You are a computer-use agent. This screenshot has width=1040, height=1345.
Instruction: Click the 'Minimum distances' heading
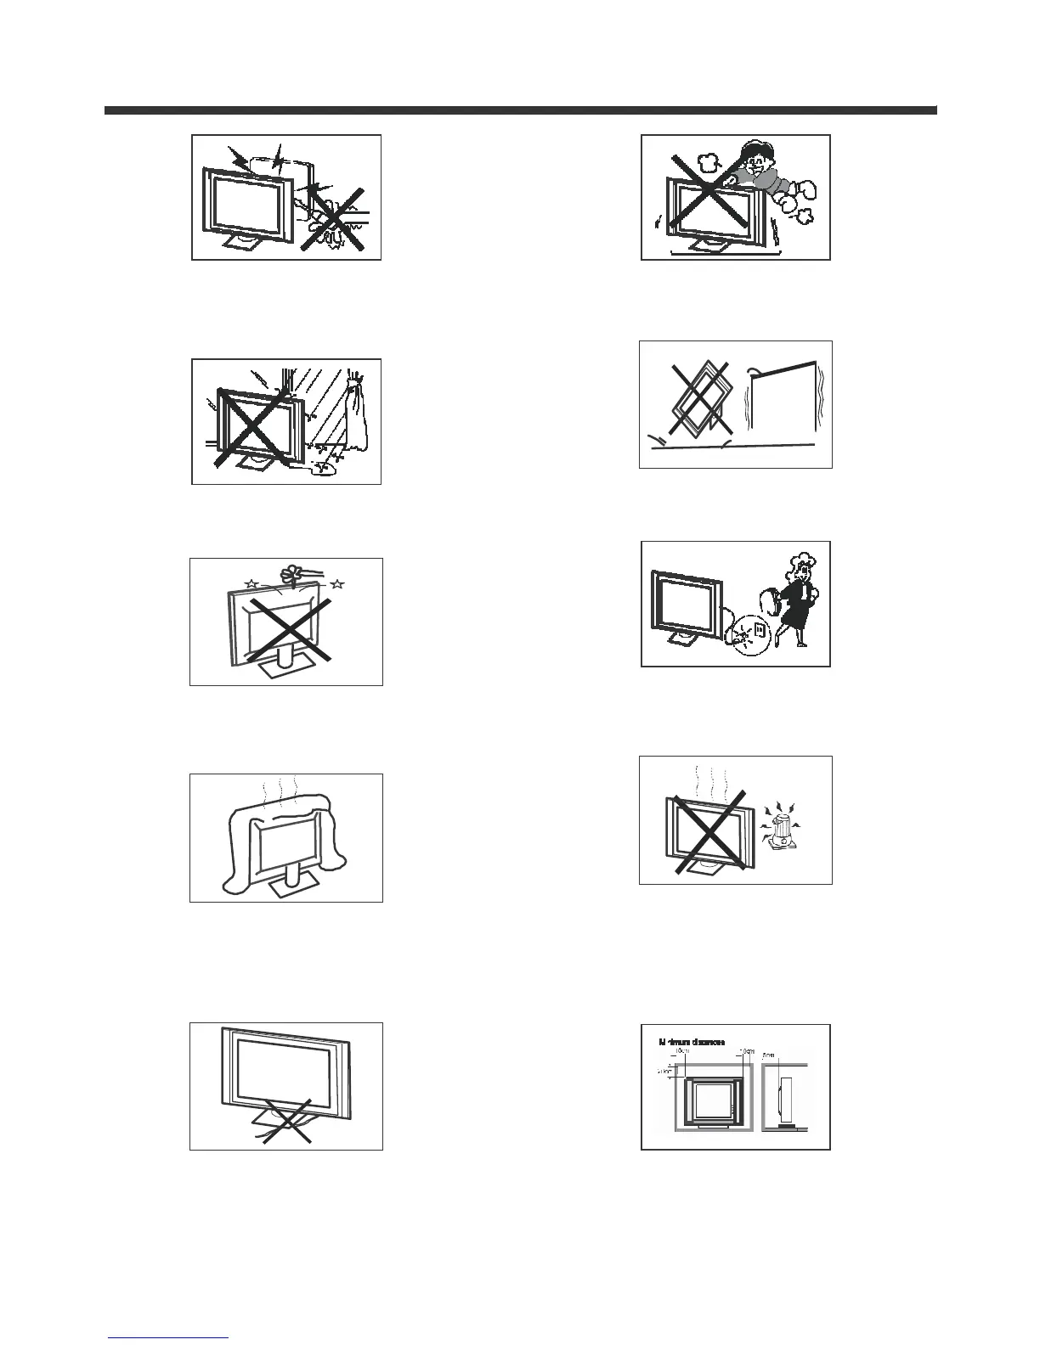[692, 1041]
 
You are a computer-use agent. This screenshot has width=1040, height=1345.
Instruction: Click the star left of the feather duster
[251, 583]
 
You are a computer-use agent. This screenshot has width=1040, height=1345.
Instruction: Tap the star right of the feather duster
[337, 584]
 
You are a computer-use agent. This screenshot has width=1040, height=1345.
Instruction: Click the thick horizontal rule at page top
[520, 110]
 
